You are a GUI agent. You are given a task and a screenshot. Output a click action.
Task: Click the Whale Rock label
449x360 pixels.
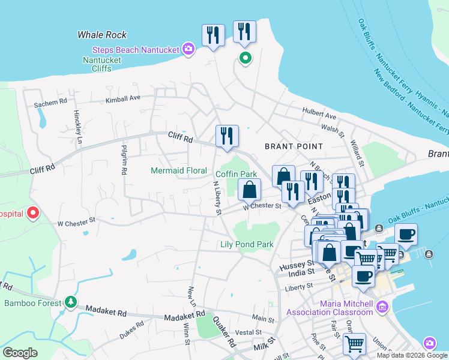click(102, 35)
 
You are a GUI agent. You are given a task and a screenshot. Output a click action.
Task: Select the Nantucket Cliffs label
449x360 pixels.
click(102, 65)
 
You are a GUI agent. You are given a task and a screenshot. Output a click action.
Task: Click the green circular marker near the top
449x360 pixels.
click(245, 58)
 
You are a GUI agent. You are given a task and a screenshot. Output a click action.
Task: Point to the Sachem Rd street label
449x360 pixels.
click(50, 103)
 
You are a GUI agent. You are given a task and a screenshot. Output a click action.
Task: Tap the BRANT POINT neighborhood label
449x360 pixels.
click(294, 146)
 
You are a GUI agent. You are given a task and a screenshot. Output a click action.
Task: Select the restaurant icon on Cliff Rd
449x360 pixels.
click(227, 136)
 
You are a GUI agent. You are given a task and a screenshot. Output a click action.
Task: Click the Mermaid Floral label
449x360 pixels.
click(178, 171)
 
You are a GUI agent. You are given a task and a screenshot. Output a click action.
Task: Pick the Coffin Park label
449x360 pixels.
click(236, 174)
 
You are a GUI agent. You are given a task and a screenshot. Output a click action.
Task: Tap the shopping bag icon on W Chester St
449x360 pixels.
click(249, 190)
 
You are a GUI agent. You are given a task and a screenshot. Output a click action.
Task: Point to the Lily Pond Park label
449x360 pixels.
click(247, 244)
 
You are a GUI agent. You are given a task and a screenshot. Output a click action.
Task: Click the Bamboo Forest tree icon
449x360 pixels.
click(71, 301)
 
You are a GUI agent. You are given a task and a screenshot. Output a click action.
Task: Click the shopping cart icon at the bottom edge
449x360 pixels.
click(354, 344)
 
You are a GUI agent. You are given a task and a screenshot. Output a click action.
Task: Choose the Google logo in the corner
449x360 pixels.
click(20, 353)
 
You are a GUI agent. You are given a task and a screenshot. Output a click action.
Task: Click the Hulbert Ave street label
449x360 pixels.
click(319, 115)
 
